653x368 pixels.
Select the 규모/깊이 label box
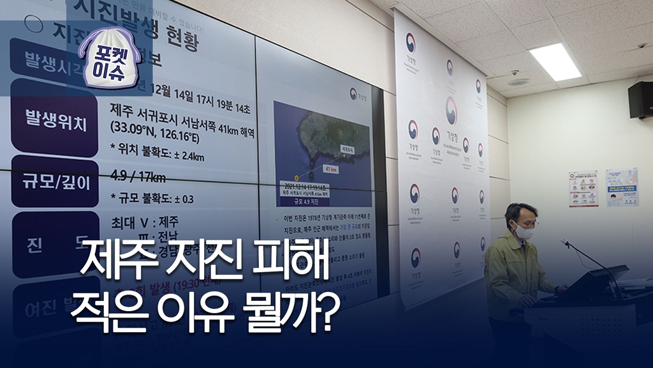pos(55,181)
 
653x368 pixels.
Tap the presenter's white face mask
pos(524,232)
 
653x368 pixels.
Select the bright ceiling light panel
pos(555,62)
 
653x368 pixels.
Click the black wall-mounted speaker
pos(640,100)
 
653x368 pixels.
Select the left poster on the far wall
pos(583,188)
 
